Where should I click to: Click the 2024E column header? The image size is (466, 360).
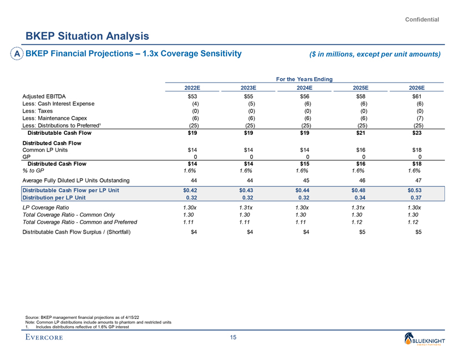click(306, 88)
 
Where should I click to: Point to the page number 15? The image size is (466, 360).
click(233, 338)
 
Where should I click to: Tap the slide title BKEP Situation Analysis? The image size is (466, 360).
click(88, 36)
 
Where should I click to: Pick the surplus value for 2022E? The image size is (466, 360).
click(193, 232)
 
